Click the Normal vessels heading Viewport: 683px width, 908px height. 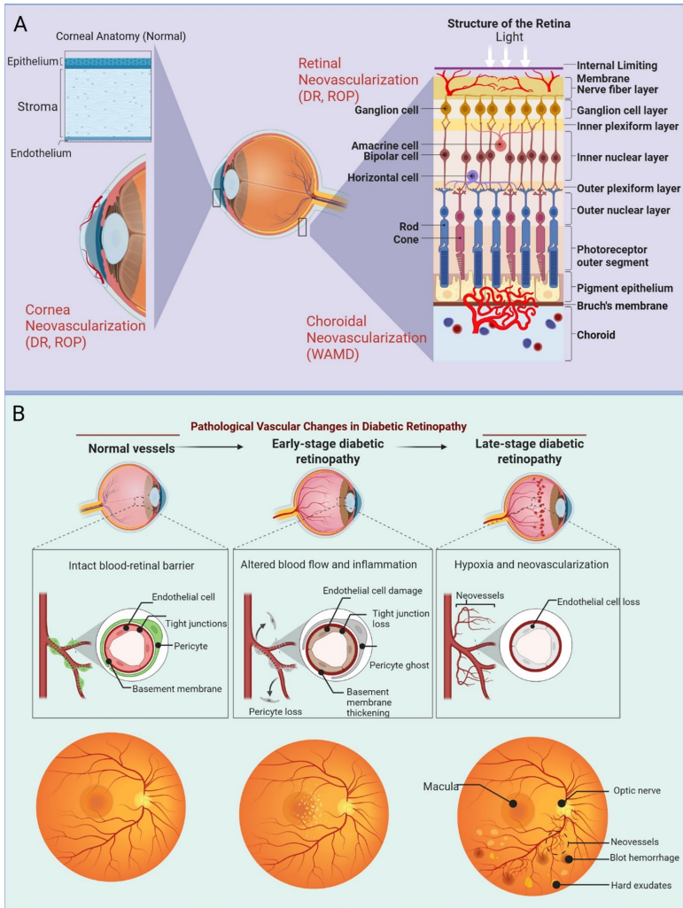(131, 448)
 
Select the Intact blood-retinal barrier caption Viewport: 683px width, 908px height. (125, 563)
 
